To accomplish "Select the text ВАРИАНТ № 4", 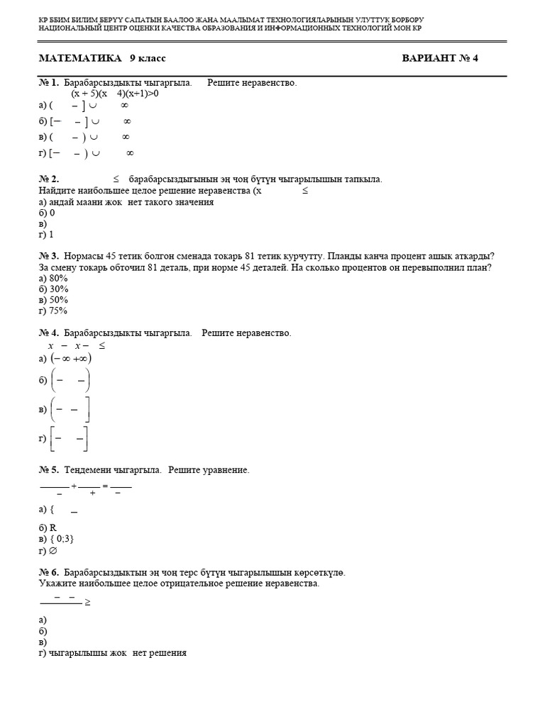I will pyautogui.click(x=440, y=58).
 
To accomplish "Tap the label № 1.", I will pyautogui.click(x=48, y=83).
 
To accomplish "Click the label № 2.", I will pyautogui.click(x=48, y=179).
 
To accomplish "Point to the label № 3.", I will pyautogui.click(x=48, y=256).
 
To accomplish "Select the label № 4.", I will pyautogui.click(x=48, y=333).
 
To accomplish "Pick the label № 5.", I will pyautogui.click(x=48, y=470).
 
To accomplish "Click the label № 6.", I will pyautogui.click(x=48, y=572).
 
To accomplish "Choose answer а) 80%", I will pyautogui.click(x=54, y=279).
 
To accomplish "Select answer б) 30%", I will pyautogui.click(x=54, y=289).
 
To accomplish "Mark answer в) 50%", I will pyautogui.click(x=54, y=300).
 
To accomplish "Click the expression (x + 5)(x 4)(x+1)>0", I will pyautogui.click(x=114, y=94).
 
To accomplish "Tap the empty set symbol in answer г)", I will pyautogui.click(x=52, y=550).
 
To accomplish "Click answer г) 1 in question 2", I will pyautogui.click(x=46, y=234).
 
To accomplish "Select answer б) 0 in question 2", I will pyautogui.click(x=47, y=213).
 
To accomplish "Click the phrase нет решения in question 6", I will pyautogui.click(x=160, y=653).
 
